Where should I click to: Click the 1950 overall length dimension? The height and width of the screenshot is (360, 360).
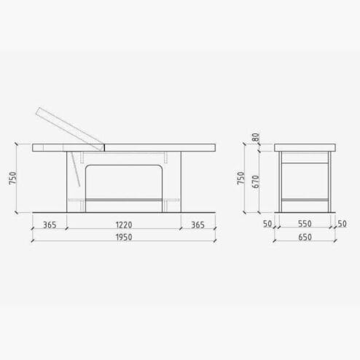click(x=124, y=237)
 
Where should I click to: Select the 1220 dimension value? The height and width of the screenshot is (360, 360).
click(x=124, y=224)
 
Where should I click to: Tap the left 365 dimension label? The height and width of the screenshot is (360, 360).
click(x=50, y=224)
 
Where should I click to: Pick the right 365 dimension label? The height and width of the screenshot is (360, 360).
click(x=198, y=224)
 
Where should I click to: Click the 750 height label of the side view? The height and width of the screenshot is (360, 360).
click(x=12, y=178)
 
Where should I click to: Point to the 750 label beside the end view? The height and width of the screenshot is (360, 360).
click(x=241, y=178)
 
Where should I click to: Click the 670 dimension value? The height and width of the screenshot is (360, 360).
click(x=256, y=181)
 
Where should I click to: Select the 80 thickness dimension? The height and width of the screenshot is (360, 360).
click(x=256, y=138)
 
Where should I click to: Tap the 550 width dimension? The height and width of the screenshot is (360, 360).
click(x=305, y=224)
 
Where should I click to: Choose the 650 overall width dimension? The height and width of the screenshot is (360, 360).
click(x=305, y=237)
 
